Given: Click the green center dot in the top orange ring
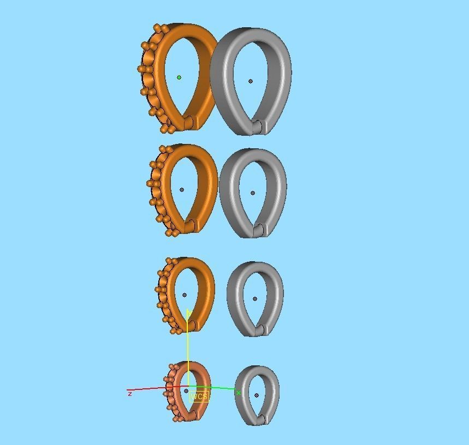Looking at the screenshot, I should tap(179, 77).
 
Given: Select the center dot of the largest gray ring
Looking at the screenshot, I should tap(251, 81).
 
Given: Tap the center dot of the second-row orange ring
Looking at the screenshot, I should tap(182, 190).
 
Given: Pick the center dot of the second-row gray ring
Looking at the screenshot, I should tap(252, 193).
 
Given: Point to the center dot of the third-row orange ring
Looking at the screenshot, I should tap(185, 295).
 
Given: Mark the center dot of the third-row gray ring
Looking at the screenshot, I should tap(255, 299).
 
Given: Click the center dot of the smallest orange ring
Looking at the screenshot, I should tap(186, 390).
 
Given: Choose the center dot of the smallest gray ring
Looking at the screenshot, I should tap(257, 395).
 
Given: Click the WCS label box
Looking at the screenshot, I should tap(199, 396).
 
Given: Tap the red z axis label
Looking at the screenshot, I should tap(129, 393).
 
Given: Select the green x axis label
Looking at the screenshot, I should tap(238, 393).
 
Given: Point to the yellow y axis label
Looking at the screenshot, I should tap(188, 313).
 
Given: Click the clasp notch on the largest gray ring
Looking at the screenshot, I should tap(258, 127).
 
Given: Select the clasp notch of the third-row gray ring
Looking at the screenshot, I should tap(261, 330).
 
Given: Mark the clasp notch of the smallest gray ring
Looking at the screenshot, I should tap(262, 419).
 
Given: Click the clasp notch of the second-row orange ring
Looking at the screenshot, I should tap(191, 225).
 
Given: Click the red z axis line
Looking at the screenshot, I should tap(147, 389).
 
